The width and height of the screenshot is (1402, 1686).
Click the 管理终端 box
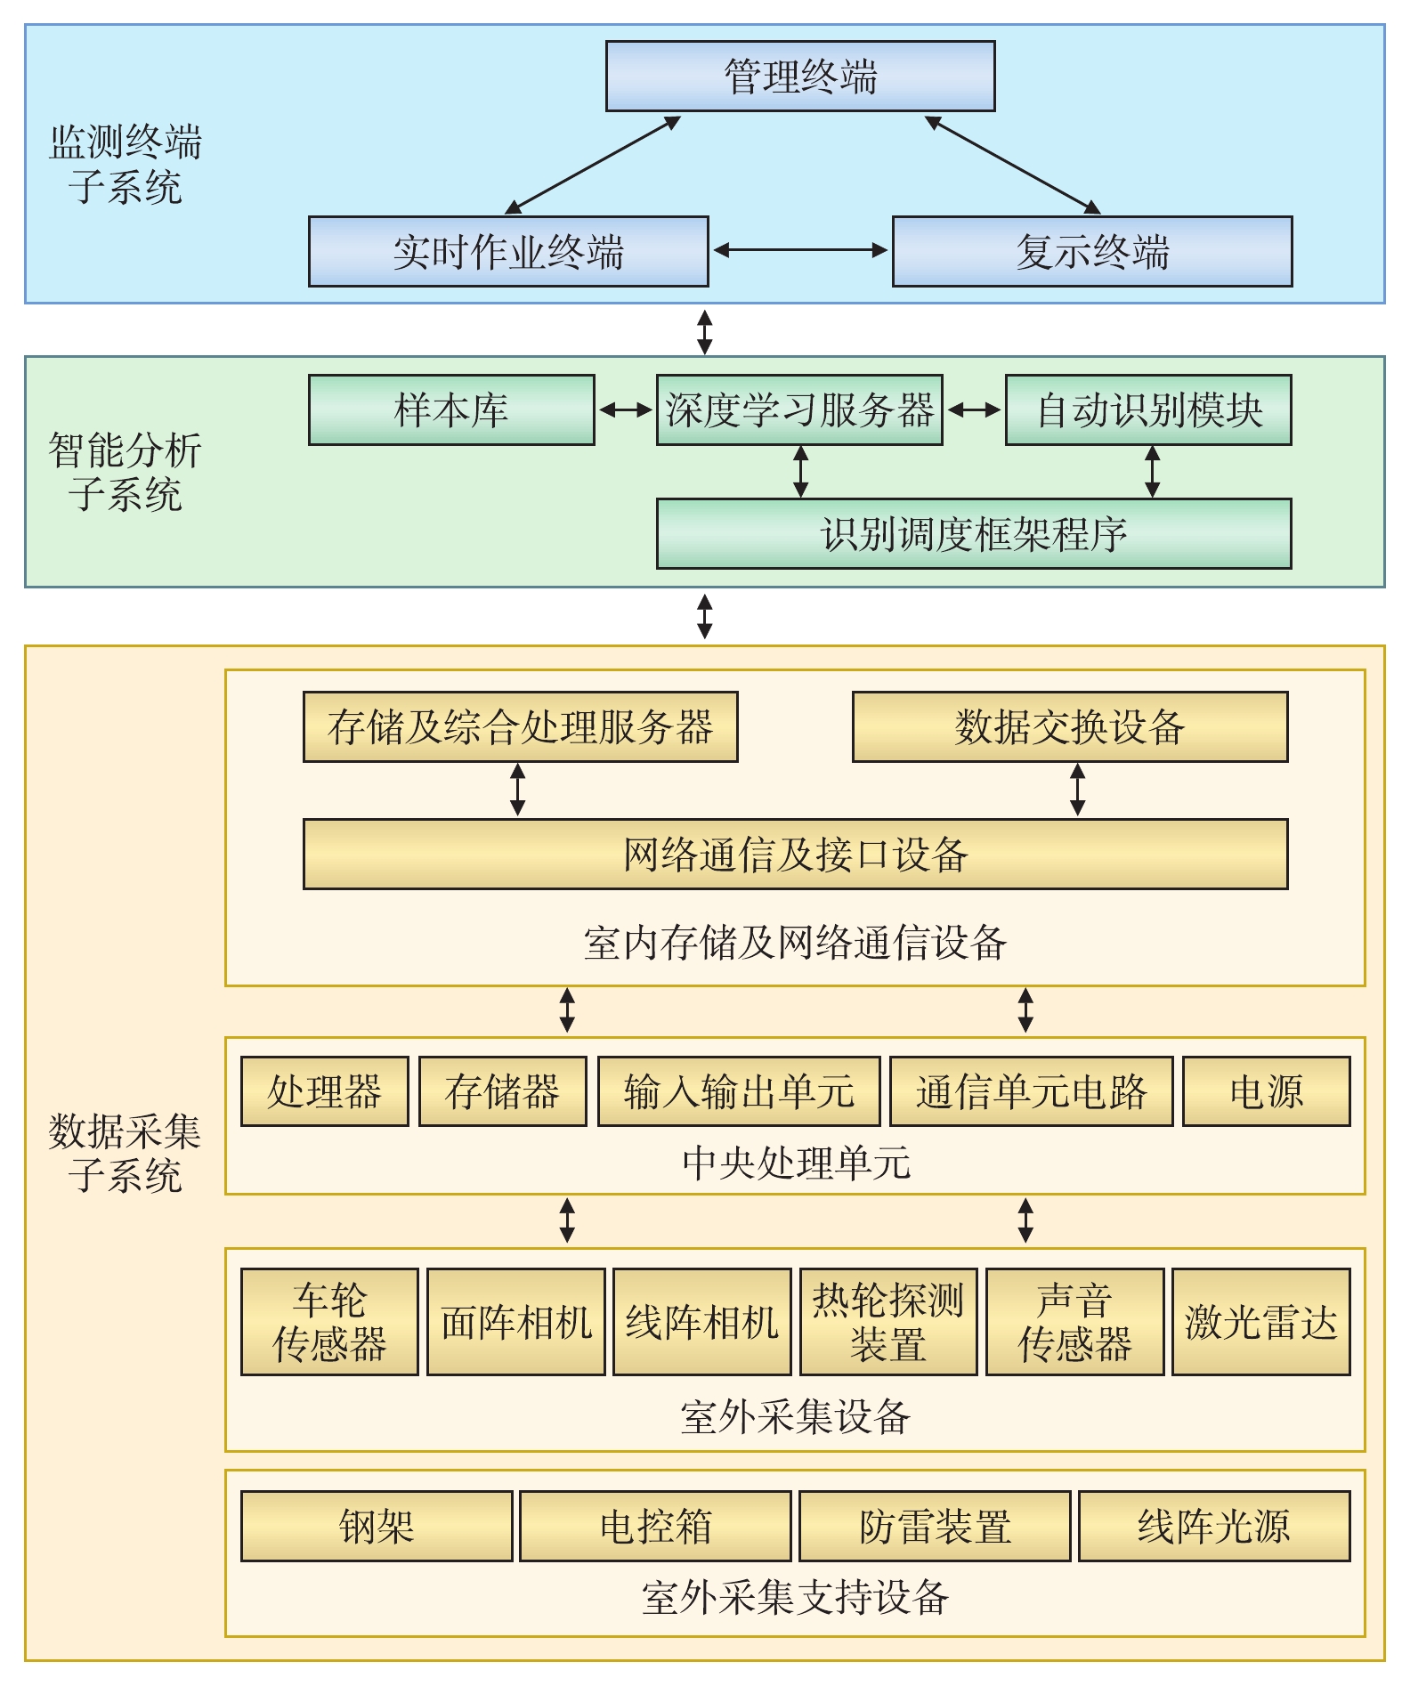(799, 77)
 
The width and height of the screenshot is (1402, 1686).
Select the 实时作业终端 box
(508, 251)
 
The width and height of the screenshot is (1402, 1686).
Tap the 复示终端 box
(1091, 251)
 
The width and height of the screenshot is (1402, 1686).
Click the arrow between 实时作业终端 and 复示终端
(800, 250)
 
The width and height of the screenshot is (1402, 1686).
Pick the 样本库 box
(451, 409)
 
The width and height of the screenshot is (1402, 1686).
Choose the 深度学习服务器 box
(798, 409)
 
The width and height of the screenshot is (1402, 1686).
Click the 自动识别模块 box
(1147, 409)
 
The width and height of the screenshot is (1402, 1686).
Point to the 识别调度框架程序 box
(973, 533)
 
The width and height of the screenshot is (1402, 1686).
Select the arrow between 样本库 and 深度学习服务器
(626, 409)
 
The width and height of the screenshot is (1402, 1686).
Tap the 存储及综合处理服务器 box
(520, 726)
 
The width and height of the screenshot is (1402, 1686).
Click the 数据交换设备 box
(1069, 726)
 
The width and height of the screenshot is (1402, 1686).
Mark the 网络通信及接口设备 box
(795, 854)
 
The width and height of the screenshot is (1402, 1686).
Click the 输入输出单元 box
(738, 1091)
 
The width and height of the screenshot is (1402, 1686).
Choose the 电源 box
(1266, 1091)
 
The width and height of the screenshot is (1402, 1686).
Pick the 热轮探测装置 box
(887, 1322)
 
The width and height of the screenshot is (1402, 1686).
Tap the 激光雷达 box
(1260, 1322)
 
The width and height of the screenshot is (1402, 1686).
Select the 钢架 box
(377, 1526)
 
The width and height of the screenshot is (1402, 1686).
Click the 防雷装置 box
(934, 1526)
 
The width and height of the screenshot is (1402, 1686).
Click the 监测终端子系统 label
(125, 165)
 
